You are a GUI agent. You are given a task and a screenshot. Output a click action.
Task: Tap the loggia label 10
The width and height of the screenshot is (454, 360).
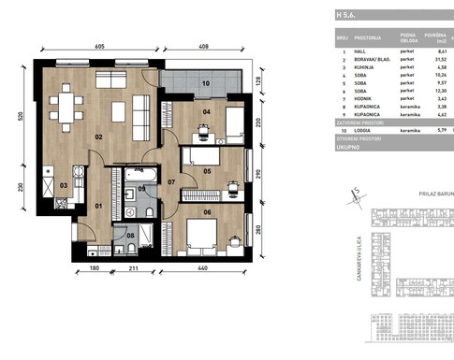[x=206, y=83]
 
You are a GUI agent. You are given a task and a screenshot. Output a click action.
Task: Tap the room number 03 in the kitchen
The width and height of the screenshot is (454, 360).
[x=64, y=186]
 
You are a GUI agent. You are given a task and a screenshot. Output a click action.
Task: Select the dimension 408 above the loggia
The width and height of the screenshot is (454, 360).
[x=203, y=46]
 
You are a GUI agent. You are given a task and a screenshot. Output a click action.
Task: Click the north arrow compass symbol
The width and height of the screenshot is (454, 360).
[x=355, y=194]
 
